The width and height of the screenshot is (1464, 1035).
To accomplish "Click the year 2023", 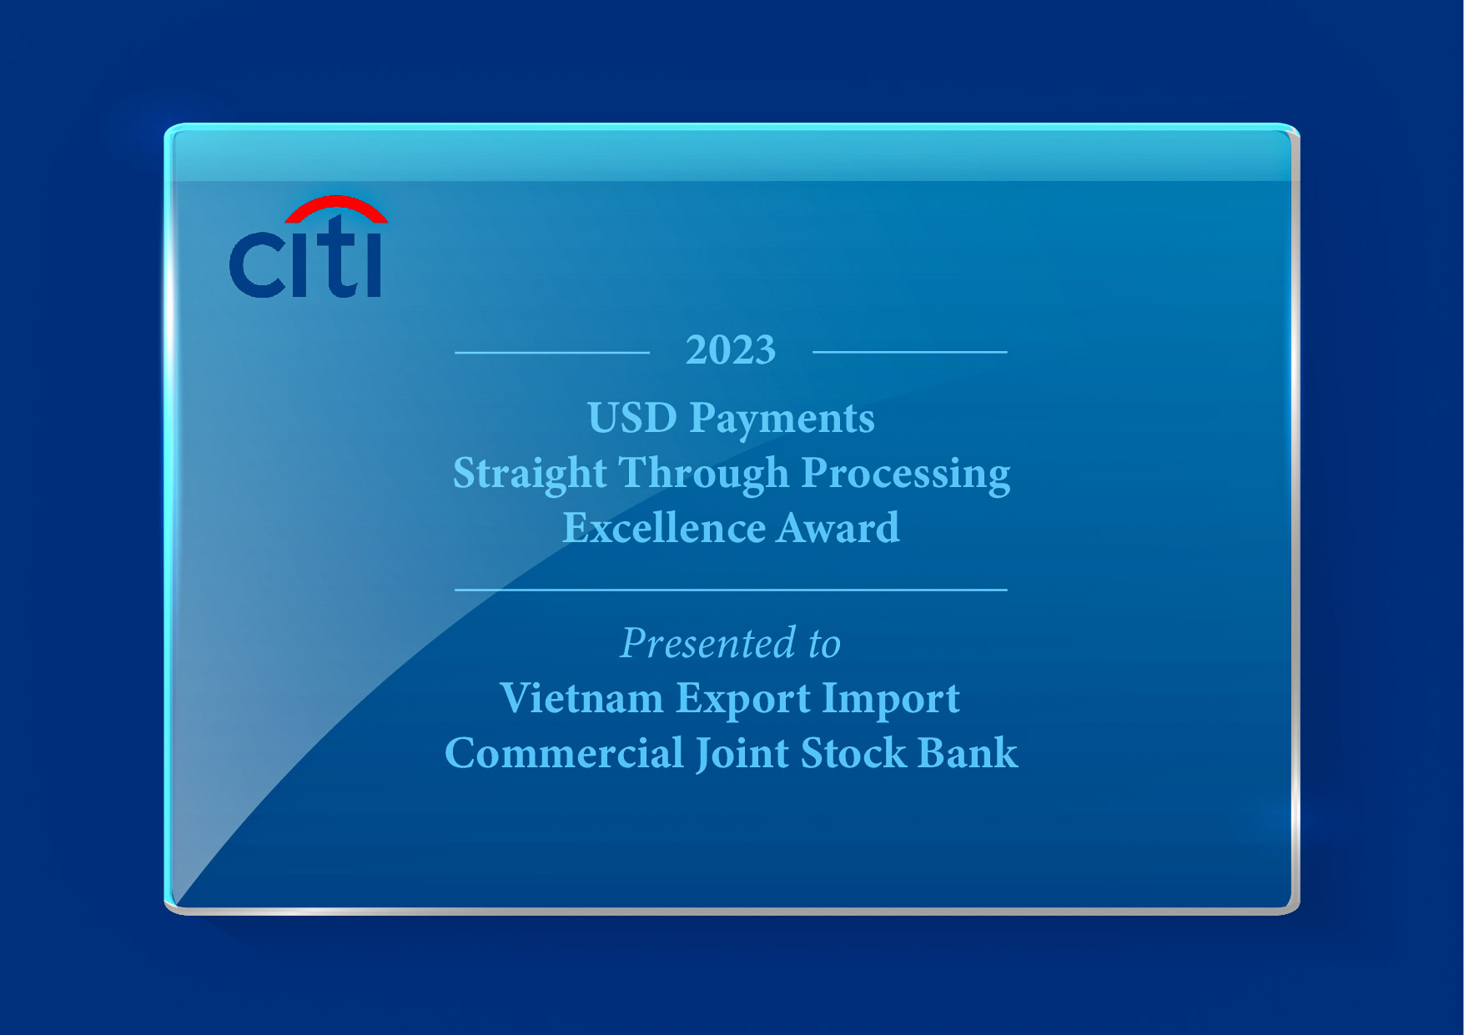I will point(731,350).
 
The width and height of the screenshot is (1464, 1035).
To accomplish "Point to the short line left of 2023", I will point(551,353).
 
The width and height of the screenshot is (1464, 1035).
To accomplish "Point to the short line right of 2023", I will point(909,352).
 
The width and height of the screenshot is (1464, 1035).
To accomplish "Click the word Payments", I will point(782,419).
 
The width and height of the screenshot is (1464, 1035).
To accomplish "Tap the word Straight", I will point(530,474).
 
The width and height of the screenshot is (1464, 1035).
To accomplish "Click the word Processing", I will point(906,474).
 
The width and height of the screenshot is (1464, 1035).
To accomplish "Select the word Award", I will point(838,528).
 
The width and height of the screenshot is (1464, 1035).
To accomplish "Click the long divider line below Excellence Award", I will point(731,590).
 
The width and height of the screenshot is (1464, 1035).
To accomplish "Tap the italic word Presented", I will point(707,644).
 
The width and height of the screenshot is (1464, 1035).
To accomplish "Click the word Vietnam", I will point(581,698).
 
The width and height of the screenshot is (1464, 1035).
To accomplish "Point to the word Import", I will point(891,700).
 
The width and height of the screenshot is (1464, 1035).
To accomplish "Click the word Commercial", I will point(564,753).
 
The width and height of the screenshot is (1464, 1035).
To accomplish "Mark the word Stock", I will point(853,753).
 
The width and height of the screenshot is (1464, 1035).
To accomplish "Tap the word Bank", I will point(968,753).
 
